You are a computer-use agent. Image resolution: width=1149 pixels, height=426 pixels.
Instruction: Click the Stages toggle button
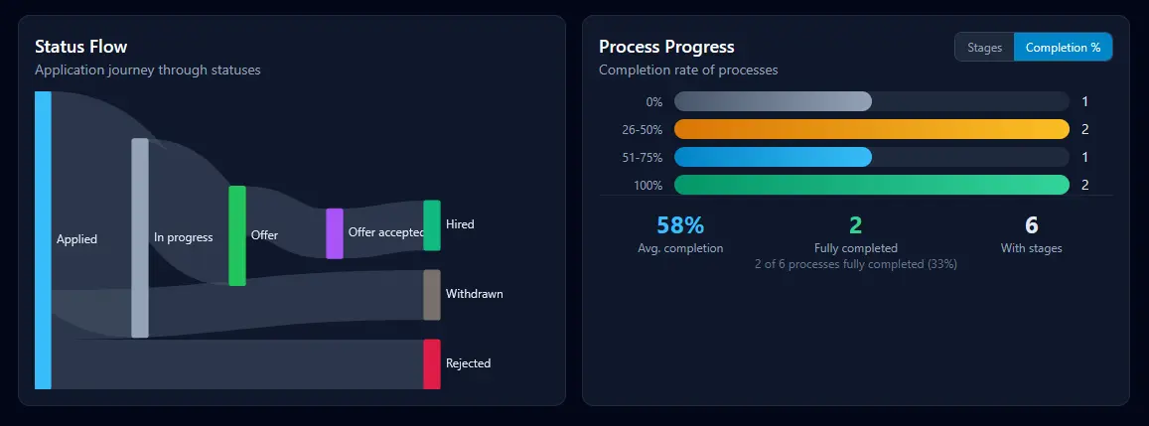984,48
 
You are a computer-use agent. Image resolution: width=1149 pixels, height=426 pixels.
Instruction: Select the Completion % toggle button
1063,48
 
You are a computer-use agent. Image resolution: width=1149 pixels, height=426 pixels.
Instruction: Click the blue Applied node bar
43,240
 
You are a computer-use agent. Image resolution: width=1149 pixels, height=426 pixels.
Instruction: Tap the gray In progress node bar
140,238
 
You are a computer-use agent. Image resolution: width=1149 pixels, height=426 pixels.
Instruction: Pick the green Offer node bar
237,235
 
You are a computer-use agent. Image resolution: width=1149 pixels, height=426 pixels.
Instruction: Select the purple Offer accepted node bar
335,233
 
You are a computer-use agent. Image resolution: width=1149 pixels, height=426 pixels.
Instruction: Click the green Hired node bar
432,225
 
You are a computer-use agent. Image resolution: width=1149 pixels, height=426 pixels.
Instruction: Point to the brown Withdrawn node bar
432,295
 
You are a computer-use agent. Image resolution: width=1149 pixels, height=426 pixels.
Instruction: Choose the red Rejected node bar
432,363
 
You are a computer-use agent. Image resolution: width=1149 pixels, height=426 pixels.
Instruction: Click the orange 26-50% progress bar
871,129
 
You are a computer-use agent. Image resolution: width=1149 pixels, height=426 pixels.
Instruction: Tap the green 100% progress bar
871,185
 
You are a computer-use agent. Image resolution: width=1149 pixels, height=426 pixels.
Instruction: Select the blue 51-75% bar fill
773,157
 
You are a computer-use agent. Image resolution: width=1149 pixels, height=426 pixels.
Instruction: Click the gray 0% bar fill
773,101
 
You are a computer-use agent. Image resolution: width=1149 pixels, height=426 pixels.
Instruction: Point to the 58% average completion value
680,225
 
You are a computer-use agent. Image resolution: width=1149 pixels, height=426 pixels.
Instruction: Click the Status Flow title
80,47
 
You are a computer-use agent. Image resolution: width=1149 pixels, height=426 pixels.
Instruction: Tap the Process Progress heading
666,47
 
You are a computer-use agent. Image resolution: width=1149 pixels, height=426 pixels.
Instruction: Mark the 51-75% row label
643,158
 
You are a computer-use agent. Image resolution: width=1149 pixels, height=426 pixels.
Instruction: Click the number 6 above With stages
1032,225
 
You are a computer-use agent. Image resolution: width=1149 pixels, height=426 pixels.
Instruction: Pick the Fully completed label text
855,248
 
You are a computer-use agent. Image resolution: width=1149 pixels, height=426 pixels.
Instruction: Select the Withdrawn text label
474,295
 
